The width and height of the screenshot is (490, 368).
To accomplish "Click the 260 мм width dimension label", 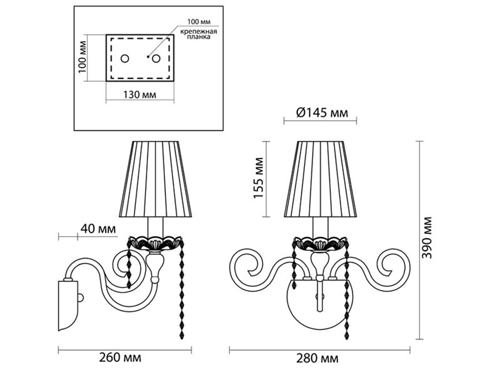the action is coord(120,357).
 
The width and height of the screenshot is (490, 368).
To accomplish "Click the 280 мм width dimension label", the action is coord(317,358).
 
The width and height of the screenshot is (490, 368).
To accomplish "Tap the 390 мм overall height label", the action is coord(427,238).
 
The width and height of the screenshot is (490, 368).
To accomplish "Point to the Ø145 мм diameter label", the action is coord(322,112).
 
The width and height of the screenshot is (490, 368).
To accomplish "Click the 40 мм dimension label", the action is coord(98,229).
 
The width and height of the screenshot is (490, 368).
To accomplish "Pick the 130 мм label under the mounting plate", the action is coord(139,94).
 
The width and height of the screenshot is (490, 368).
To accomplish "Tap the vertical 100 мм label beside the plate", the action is coord(82,57).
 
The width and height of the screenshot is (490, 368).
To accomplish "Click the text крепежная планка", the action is coord(199,34).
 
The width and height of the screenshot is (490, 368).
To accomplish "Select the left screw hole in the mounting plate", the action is coord(125,59).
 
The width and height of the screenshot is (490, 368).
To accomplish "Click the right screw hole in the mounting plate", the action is coord(156,59).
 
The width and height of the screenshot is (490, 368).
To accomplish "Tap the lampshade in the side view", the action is coord(156,179).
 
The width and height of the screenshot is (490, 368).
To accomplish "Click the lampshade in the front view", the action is coord(320,179).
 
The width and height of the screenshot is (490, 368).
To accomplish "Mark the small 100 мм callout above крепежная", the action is coord(199,22).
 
